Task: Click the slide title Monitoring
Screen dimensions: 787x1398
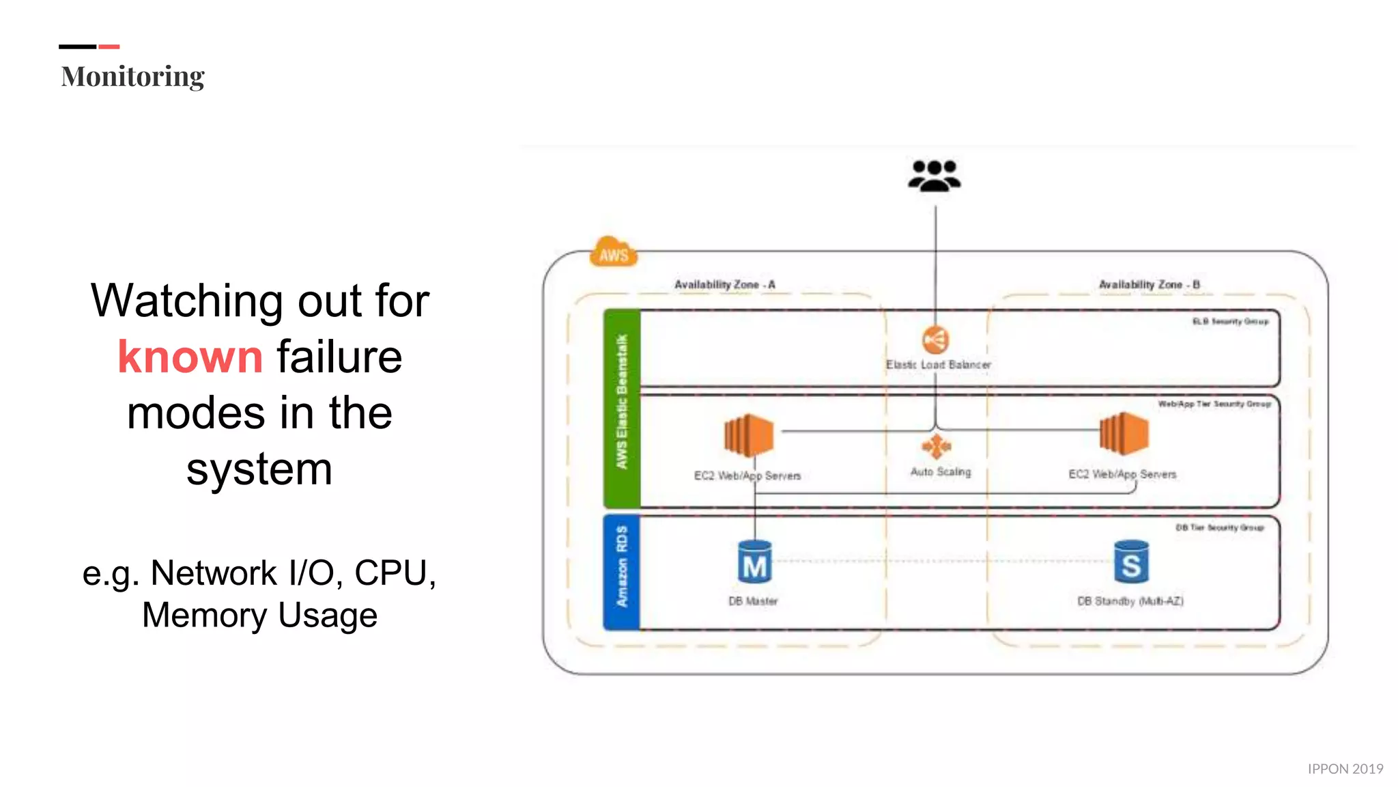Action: (x=132, y=77)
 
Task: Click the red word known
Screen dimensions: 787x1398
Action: (x=190, y=357)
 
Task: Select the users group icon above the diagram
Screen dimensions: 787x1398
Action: (x=934, y=176)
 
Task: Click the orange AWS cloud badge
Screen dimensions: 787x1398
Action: (x=613, y=253)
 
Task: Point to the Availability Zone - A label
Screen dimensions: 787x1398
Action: (x=724, y=284)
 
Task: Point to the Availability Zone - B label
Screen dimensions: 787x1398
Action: (x=1149, y=284)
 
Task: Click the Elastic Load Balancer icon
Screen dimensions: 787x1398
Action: (x=935, y=340)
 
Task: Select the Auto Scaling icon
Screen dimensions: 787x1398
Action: (x=936, y=446)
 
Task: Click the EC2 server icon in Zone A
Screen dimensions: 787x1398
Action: (x=748, y=435)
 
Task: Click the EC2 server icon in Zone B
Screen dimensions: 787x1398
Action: (x=1124, y=434)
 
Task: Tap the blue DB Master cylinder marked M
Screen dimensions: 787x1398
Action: (x=754, y=562)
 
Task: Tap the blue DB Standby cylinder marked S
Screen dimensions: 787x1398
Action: (x=1130, y=562)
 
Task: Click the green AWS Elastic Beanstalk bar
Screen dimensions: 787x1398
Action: (x=621, y=408)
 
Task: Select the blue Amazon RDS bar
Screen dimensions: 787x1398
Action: (x=621, y=572)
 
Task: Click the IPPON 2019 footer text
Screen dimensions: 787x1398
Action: (x=1345, y=769)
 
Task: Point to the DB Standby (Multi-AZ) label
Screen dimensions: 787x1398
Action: (x=1130, y=601)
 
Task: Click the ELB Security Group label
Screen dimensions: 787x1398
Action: (x=1230, y=321)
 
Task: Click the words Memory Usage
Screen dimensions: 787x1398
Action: (x=259, y=615)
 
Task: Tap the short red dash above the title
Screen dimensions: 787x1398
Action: (x=109, y=46)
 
